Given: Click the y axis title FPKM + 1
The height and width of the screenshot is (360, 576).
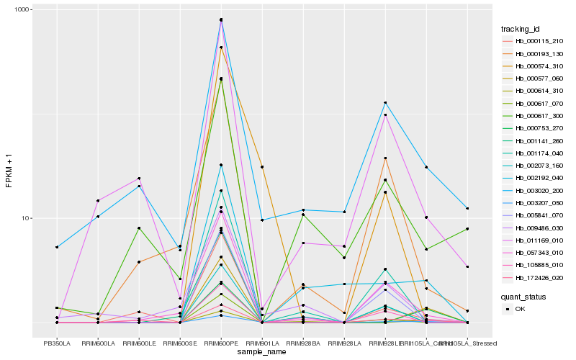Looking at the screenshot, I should tap(9, 170).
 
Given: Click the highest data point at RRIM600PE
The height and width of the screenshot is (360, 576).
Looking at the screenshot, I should tap(221, 19).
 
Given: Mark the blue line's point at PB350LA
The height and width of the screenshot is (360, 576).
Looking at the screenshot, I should tap(57, 247).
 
